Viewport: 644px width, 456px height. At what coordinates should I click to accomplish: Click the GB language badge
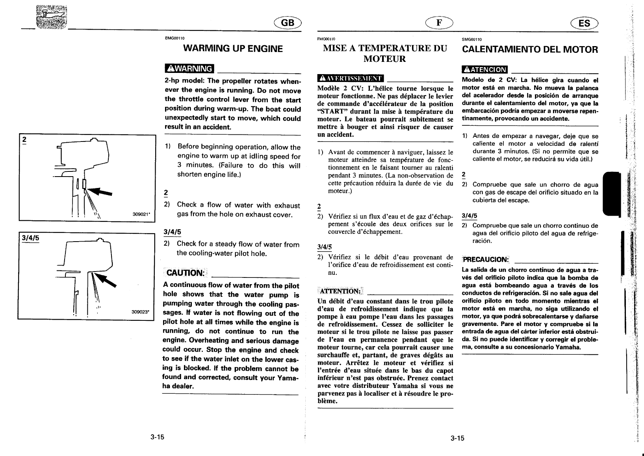(288, 23)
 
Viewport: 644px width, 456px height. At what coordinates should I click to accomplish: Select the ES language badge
(584, 23)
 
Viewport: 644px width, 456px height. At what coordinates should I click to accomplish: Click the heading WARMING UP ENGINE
(233, 49)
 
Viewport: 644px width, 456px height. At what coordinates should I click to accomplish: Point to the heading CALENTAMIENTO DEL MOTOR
(530, 50)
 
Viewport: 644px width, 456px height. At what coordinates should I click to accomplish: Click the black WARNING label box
(189, 69)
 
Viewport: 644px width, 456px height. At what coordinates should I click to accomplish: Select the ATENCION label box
(485, 70)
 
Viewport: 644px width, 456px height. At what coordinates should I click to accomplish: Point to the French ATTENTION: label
(340, 291)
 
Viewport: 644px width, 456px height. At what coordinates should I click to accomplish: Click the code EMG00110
(174, 38)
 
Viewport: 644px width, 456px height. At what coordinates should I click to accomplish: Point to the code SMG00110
(472, 39)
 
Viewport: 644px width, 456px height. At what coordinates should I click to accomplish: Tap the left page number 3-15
(157, 437)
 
